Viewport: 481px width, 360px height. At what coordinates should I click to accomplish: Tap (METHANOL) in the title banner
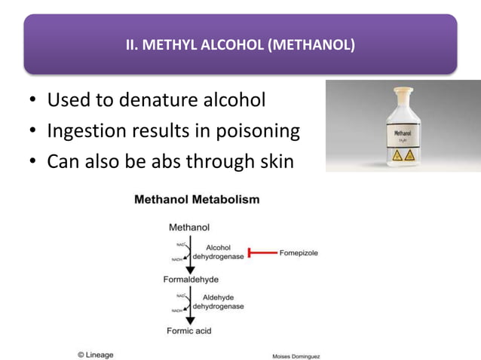(x=311, y=45)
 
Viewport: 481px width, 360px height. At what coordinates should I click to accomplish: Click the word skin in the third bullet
(x=271, y=161)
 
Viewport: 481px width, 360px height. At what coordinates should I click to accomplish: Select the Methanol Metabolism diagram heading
(x=197, y=200)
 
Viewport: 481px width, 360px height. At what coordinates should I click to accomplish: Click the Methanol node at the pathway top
(x=189, y=226)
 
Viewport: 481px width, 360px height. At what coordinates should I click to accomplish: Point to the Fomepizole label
(x=299, y=253)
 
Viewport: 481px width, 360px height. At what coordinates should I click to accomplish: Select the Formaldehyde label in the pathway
(x=191, y=279)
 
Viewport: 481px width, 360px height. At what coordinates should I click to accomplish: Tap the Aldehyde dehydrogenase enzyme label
(x=218, y=302)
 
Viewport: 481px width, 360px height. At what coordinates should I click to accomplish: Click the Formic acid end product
(x=189, y=331)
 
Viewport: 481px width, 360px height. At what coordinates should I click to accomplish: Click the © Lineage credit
(x=95, y=354)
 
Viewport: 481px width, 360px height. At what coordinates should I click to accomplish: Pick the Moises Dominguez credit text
(x=296, y=355)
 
